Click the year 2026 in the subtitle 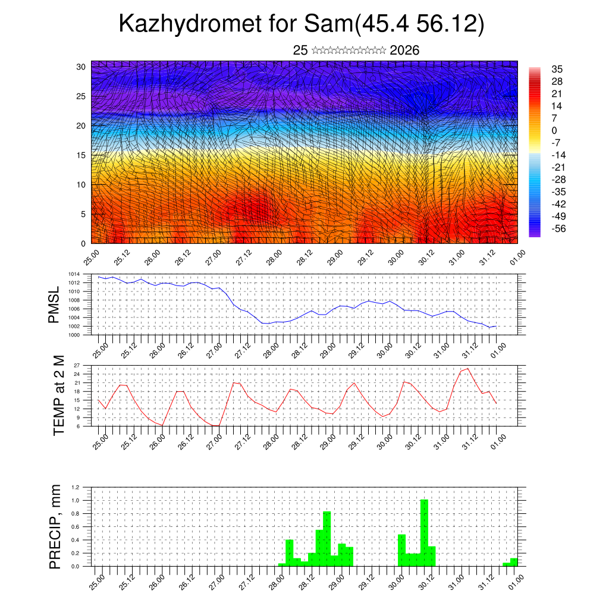click(x=404, y=51)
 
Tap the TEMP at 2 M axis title click(x=58, y=395)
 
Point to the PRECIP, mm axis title click(x=55, y=526)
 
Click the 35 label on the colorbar click(x=557, y=69)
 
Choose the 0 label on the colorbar click(x=555, y=130)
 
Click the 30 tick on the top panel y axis click(x=81, y=67)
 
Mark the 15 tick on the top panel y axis click(x=81, y=155)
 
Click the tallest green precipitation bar click(x=424, y=532)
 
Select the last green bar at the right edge click(x=513, y=562)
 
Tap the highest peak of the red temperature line click(x=467, y=369)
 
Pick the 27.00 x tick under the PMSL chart click(x=216, y=347)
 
